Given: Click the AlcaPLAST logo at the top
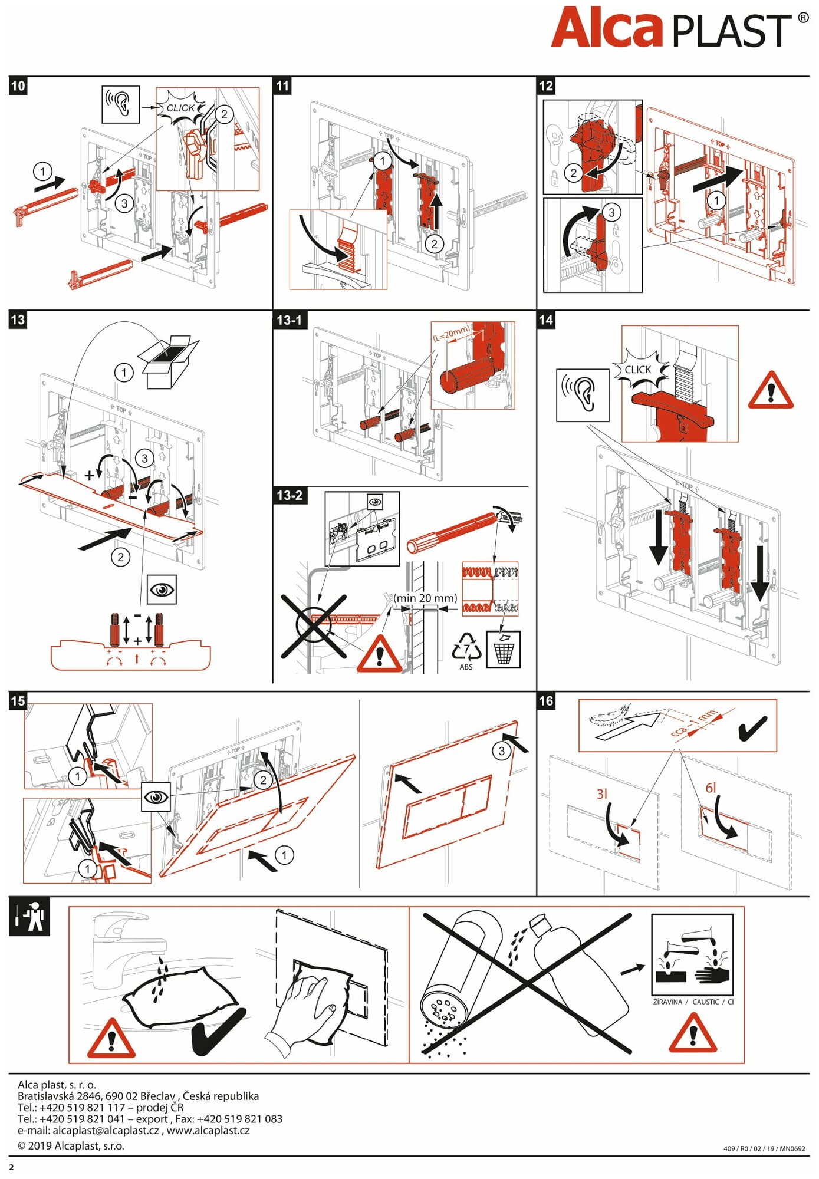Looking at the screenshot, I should click(678, 28).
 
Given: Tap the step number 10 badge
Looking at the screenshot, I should click(18, 86).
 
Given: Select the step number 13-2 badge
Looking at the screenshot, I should click(290, 495).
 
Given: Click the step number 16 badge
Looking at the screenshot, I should click(546, 701).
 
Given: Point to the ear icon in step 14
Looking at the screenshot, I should click(583, 395).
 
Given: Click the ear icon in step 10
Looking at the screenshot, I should click(120, 104).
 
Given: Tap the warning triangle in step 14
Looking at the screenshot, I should click(771, 391).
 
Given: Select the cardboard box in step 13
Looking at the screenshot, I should click(168, 361).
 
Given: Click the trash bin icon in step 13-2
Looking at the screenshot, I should click(503, 650).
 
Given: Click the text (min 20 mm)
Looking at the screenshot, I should click(426, 598).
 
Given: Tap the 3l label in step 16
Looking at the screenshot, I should click(601, 794).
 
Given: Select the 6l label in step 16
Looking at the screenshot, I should click(711, 788).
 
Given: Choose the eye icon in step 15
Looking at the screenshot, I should click(156, 797).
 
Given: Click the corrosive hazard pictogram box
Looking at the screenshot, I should click(692, 956).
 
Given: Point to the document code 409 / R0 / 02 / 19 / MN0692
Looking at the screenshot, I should click(764, 1148).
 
